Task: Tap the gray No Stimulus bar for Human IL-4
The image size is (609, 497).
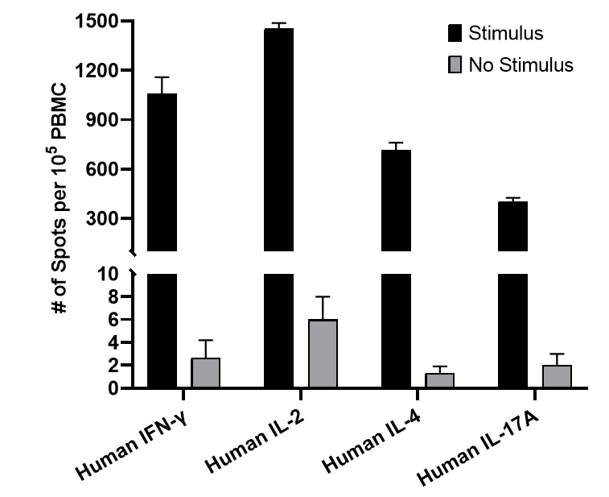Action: (439, 380)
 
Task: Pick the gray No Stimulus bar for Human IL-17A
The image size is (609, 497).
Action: (557, 376)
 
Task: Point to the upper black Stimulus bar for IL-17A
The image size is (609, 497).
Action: (513, 226)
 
